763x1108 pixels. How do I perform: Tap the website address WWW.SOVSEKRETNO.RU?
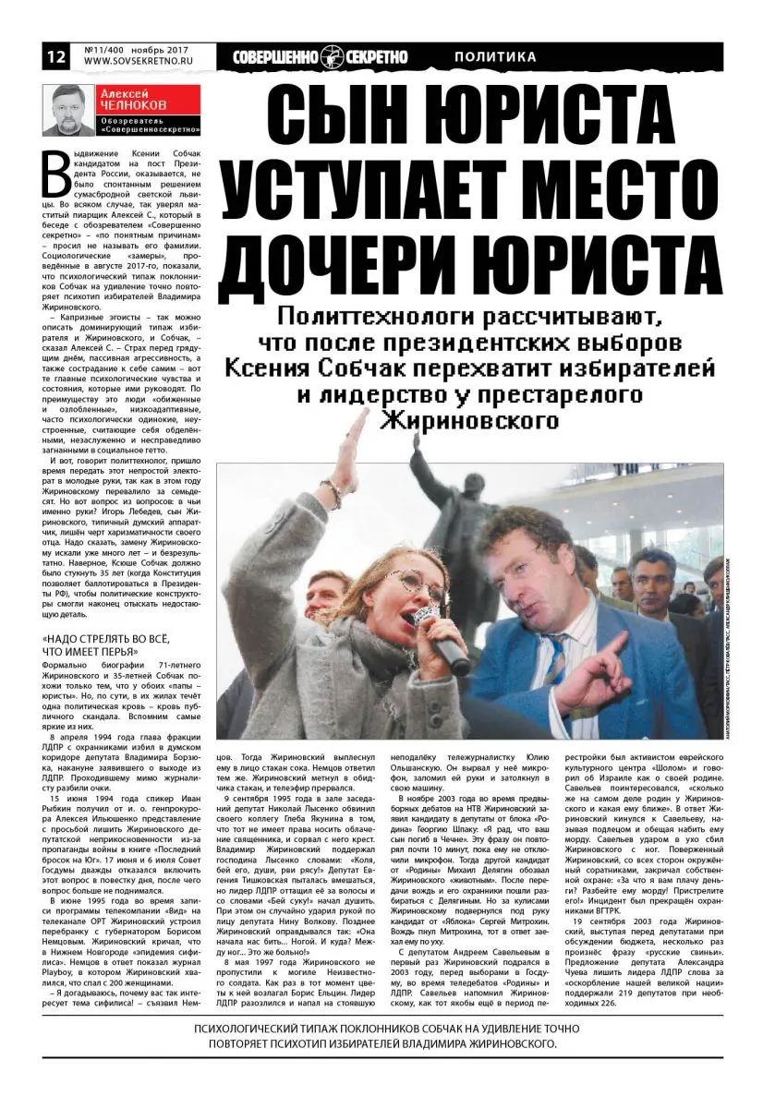click(x=136, y=63)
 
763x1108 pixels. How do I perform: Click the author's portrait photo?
click(x=68, y=111)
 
